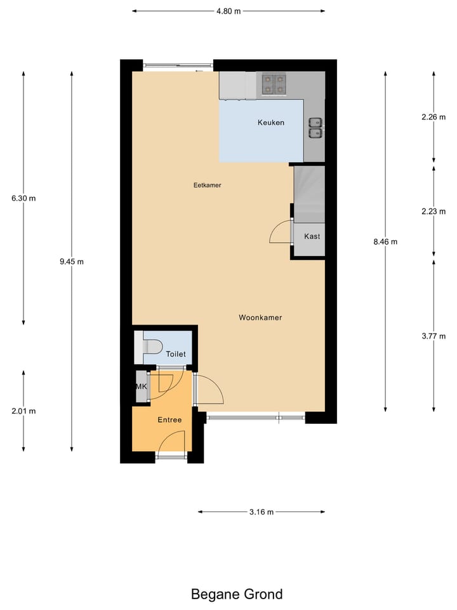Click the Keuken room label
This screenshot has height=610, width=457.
[270, 123]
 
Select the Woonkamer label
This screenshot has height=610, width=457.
[260, 318]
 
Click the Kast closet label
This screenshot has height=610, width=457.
[312, 236]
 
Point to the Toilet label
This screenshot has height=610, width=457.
[175, 355]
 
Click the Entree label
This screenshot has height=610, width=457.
[169, 420]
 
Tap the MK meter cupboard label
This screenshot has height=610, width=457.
[140, 386]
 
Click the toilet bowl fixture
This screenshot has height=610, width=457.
[151, 347]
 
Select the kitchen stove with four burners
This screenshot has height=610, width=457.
[273, 85]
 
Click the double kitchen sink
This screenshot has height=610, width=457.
[315, 127]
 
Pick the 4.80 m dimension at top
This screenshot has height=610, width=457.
[228, 11]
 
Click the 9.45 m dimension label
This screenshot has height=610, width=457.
[71, 261]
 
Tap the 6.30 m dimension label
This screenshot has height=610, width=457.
[23, 198]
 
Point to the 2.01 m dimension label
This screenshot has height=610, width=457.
[23, 411]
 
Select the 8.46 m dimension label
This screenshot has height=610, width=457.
[385, 241]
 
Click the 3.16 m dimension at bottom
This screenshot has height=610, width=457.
[261, 512]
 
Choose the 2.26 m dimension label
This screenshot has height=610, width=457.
[434, 117]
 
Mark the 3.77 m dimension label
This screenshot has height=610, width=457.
[434, 337]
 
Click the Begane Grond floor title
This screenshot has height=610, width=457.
[237, 595]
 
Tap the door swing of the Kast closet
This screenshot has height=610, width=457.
[279, 234]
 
